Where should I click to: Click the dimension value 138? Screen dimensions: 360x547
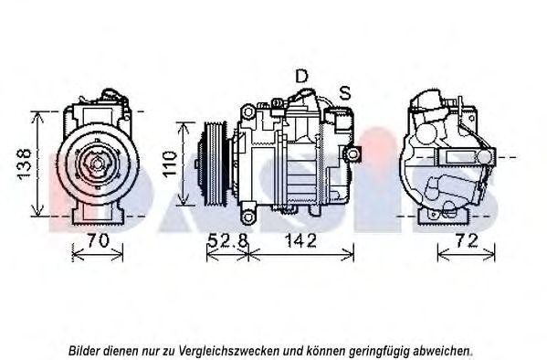coord(26,164)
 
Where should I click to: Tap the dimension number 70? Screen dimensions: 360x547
coord(97,241)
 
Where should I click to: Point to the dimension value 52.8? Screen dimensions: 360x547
coord(226,241)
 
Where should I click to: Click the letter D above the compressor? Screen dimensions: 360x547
coord(301,77)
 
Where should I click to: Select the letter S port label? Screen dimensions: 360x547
coord(345,91)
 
